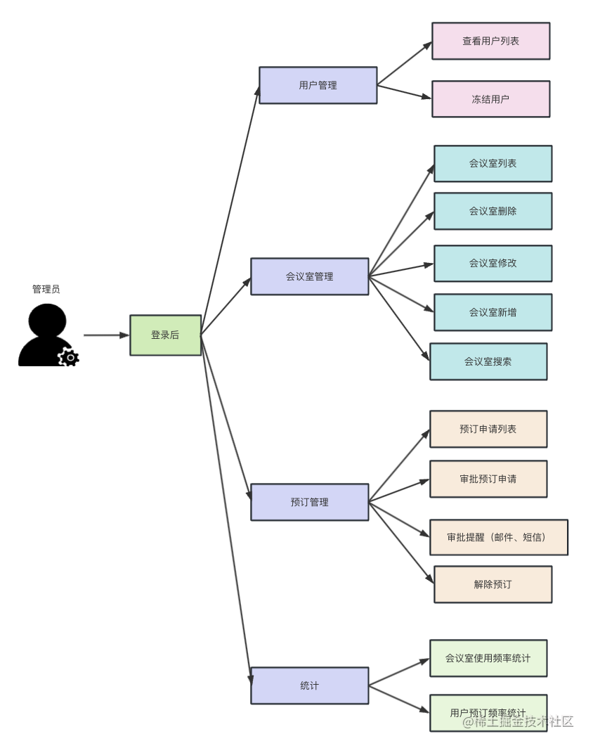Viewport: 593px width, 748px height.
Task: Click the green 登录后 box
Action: (165, 335)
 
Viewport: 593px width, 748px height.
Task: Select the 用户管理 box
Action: (318, 86)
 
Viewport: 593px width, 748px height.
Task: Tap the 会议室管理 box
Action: (309, 276)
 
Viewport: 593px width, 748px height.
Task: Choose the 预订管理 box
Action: (309, 502)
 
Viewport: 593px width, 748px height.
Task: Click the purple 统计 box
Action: (309, 685)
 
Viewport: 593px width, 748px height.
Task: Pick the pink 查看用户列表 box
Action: (490, 41)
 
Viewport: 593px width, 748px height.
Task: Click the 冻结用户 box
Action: (490, 99)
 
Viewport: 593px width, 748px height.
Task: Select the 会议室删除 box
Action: (493, 211)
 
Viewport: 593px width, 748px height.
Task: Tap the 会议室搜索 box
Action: (488, 361)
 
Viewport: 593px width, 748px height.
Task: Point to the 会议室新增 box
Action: (493, 312)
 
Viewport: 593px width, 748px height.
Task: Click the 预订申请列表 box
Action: (488, 429)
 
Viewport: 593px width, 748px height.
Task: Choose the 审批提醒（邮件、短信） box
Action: (498, 538)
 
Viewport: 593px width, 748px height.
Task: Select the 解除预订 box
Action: (493, 584)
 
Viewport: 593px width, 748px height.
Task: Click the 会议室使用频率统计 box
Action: (488, 659)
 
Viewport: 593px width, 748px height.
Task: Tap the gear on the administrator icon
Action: (68, 358)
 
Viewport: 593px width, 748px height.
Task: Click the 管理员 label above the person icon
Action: (46, 289)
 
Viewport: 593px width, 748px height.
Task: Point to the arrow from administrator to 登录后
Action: (106, 335)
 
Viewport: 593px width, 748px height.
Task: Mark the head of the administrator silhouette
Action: (48, 321)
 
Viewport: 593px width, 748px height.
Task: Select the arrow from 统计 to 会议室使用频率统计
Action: (398, 672)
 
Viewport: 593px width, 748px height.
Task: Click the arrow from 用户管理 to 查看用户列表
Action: (404, 64)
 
